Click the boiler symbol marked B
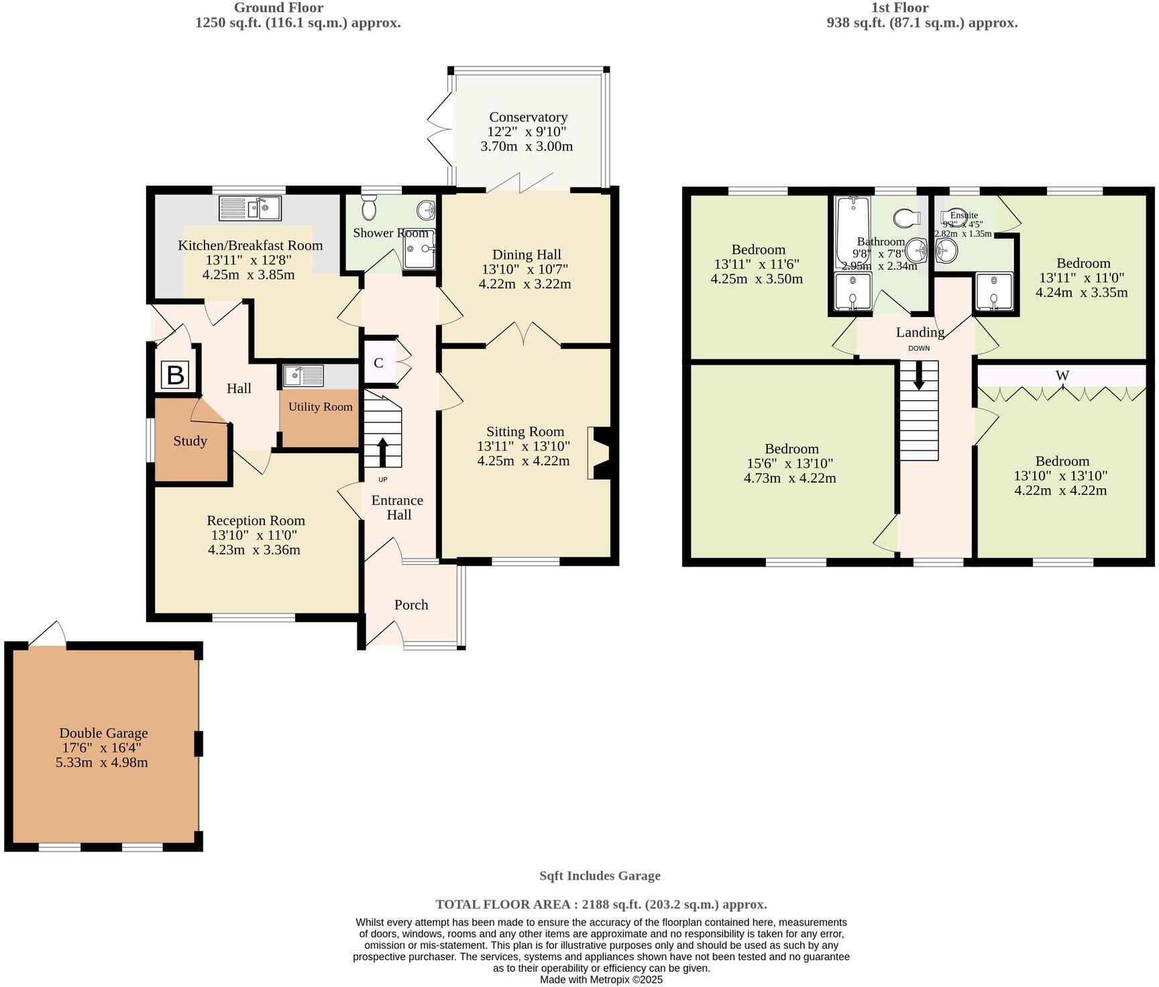(175, 375)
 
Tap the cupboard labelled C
(378, 363)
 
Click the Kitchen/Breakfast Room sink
(250, 209)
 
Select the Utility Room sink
(303, 375)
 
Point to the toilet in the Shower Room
(369, 209)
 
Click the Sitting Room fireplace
(599, 453)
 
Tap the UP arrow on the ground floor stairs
(382, 452)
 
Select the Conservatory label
(528, 117)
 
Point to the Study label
(190, 441)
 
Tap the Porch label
(410, 605)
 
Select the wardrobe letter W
(1062, 375)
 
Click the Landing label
(920, 332)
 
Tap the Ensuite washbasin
(946, 251)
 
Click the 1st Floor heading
(899, 8)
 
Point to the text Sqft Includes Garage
(600, 876)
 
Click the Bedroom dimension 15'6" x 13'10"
(791, 463)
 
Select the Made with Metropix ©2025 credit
(601, 980)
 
